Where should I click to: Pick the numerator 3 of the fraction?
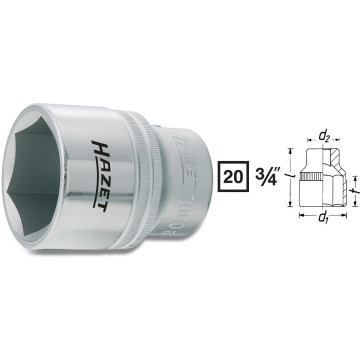tap(257, 166)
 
